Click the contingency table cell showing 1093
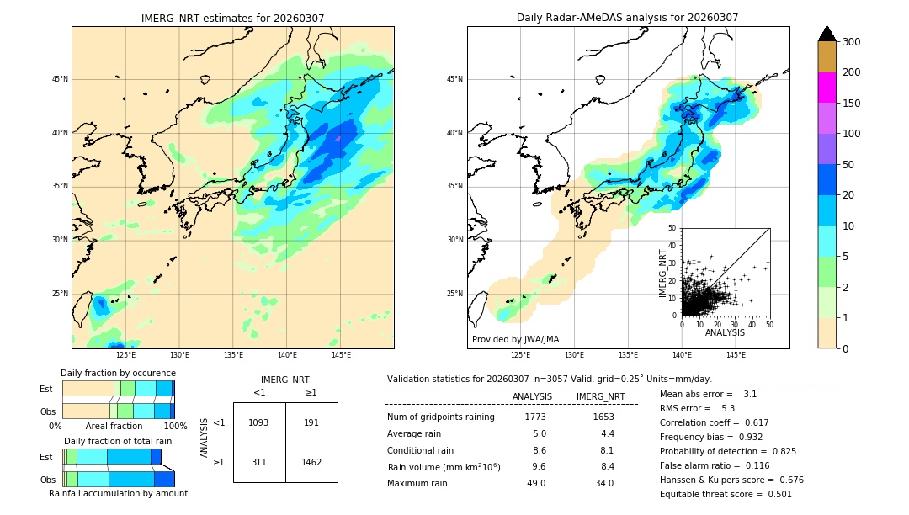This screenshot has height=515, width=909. [258, 422]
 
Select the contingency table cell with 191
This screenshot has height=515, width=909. [311, 422]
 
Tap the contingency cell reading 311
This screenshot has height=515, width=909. [258, 462]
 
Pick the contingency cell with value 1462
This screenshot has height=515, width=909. [311, 462]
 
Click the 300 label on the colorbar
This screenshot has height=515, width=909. [852, 42]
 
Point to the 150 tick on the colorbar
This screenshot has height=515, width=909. [852, 104]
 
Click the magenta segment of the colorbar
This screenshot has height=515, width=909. [827, 88]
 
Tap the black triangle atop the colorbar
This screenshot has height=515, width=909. [827, 34]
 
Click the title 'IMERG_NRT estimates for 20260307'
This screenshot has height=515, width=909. [232, 18]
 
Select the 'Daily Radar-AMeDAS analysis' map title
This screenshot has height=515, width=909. [627, 18]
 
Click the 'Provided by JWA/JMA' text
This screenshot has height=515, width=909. [515, 340]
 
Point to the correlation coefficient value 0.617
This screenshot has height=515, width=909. [752, 422]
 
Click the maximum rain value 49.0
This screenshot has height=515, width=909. [536, 483]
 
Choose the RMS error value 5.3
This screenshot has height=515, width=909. [728, 408]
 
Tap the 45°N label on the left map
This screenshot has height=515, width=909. [60, 80]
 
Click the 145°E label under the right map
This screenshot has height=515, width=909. [736, 355]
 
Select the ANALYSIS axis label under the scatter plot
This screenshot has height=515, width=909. [725, 332]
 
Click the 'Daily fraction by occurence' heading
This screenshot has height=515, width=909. [118, 373]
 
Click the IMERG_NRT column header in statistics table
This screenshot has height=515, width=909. [600, 396]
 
